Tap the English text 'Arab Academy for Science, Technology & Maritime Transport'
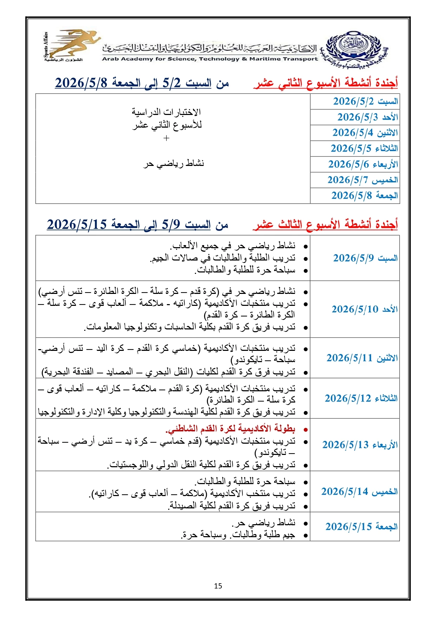click(x=210, y=59)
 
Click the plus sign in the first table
click(x=167, y=138)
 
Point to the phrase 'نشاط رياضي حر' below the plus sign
click(x=174, y=163)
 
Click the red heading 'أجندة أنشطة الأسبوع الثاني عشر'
click(x=326, y=83)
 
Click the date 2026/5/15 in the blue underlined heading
click(x=77, y=224)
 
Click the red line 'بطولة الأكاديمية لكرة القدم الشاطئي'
click(x=230, y=429)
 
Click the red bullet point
click(x=306, y=430)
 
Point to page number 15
click(x=218, y=586)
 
